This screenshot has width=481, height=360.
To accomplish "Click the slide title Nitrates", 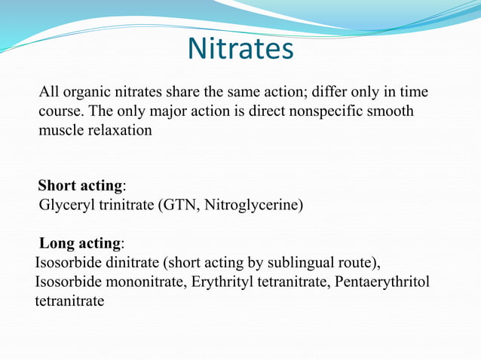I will [240, 49].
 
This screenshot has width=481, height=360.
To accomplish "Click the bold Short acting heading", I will [80, 185].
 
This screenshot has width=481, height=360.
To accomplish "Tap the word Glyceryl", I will [66, 204].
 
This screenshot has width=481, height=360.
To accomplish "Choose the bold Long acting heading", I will [79, 244].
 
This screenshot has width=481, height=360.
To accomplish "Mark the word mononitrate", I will [144, 282].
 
